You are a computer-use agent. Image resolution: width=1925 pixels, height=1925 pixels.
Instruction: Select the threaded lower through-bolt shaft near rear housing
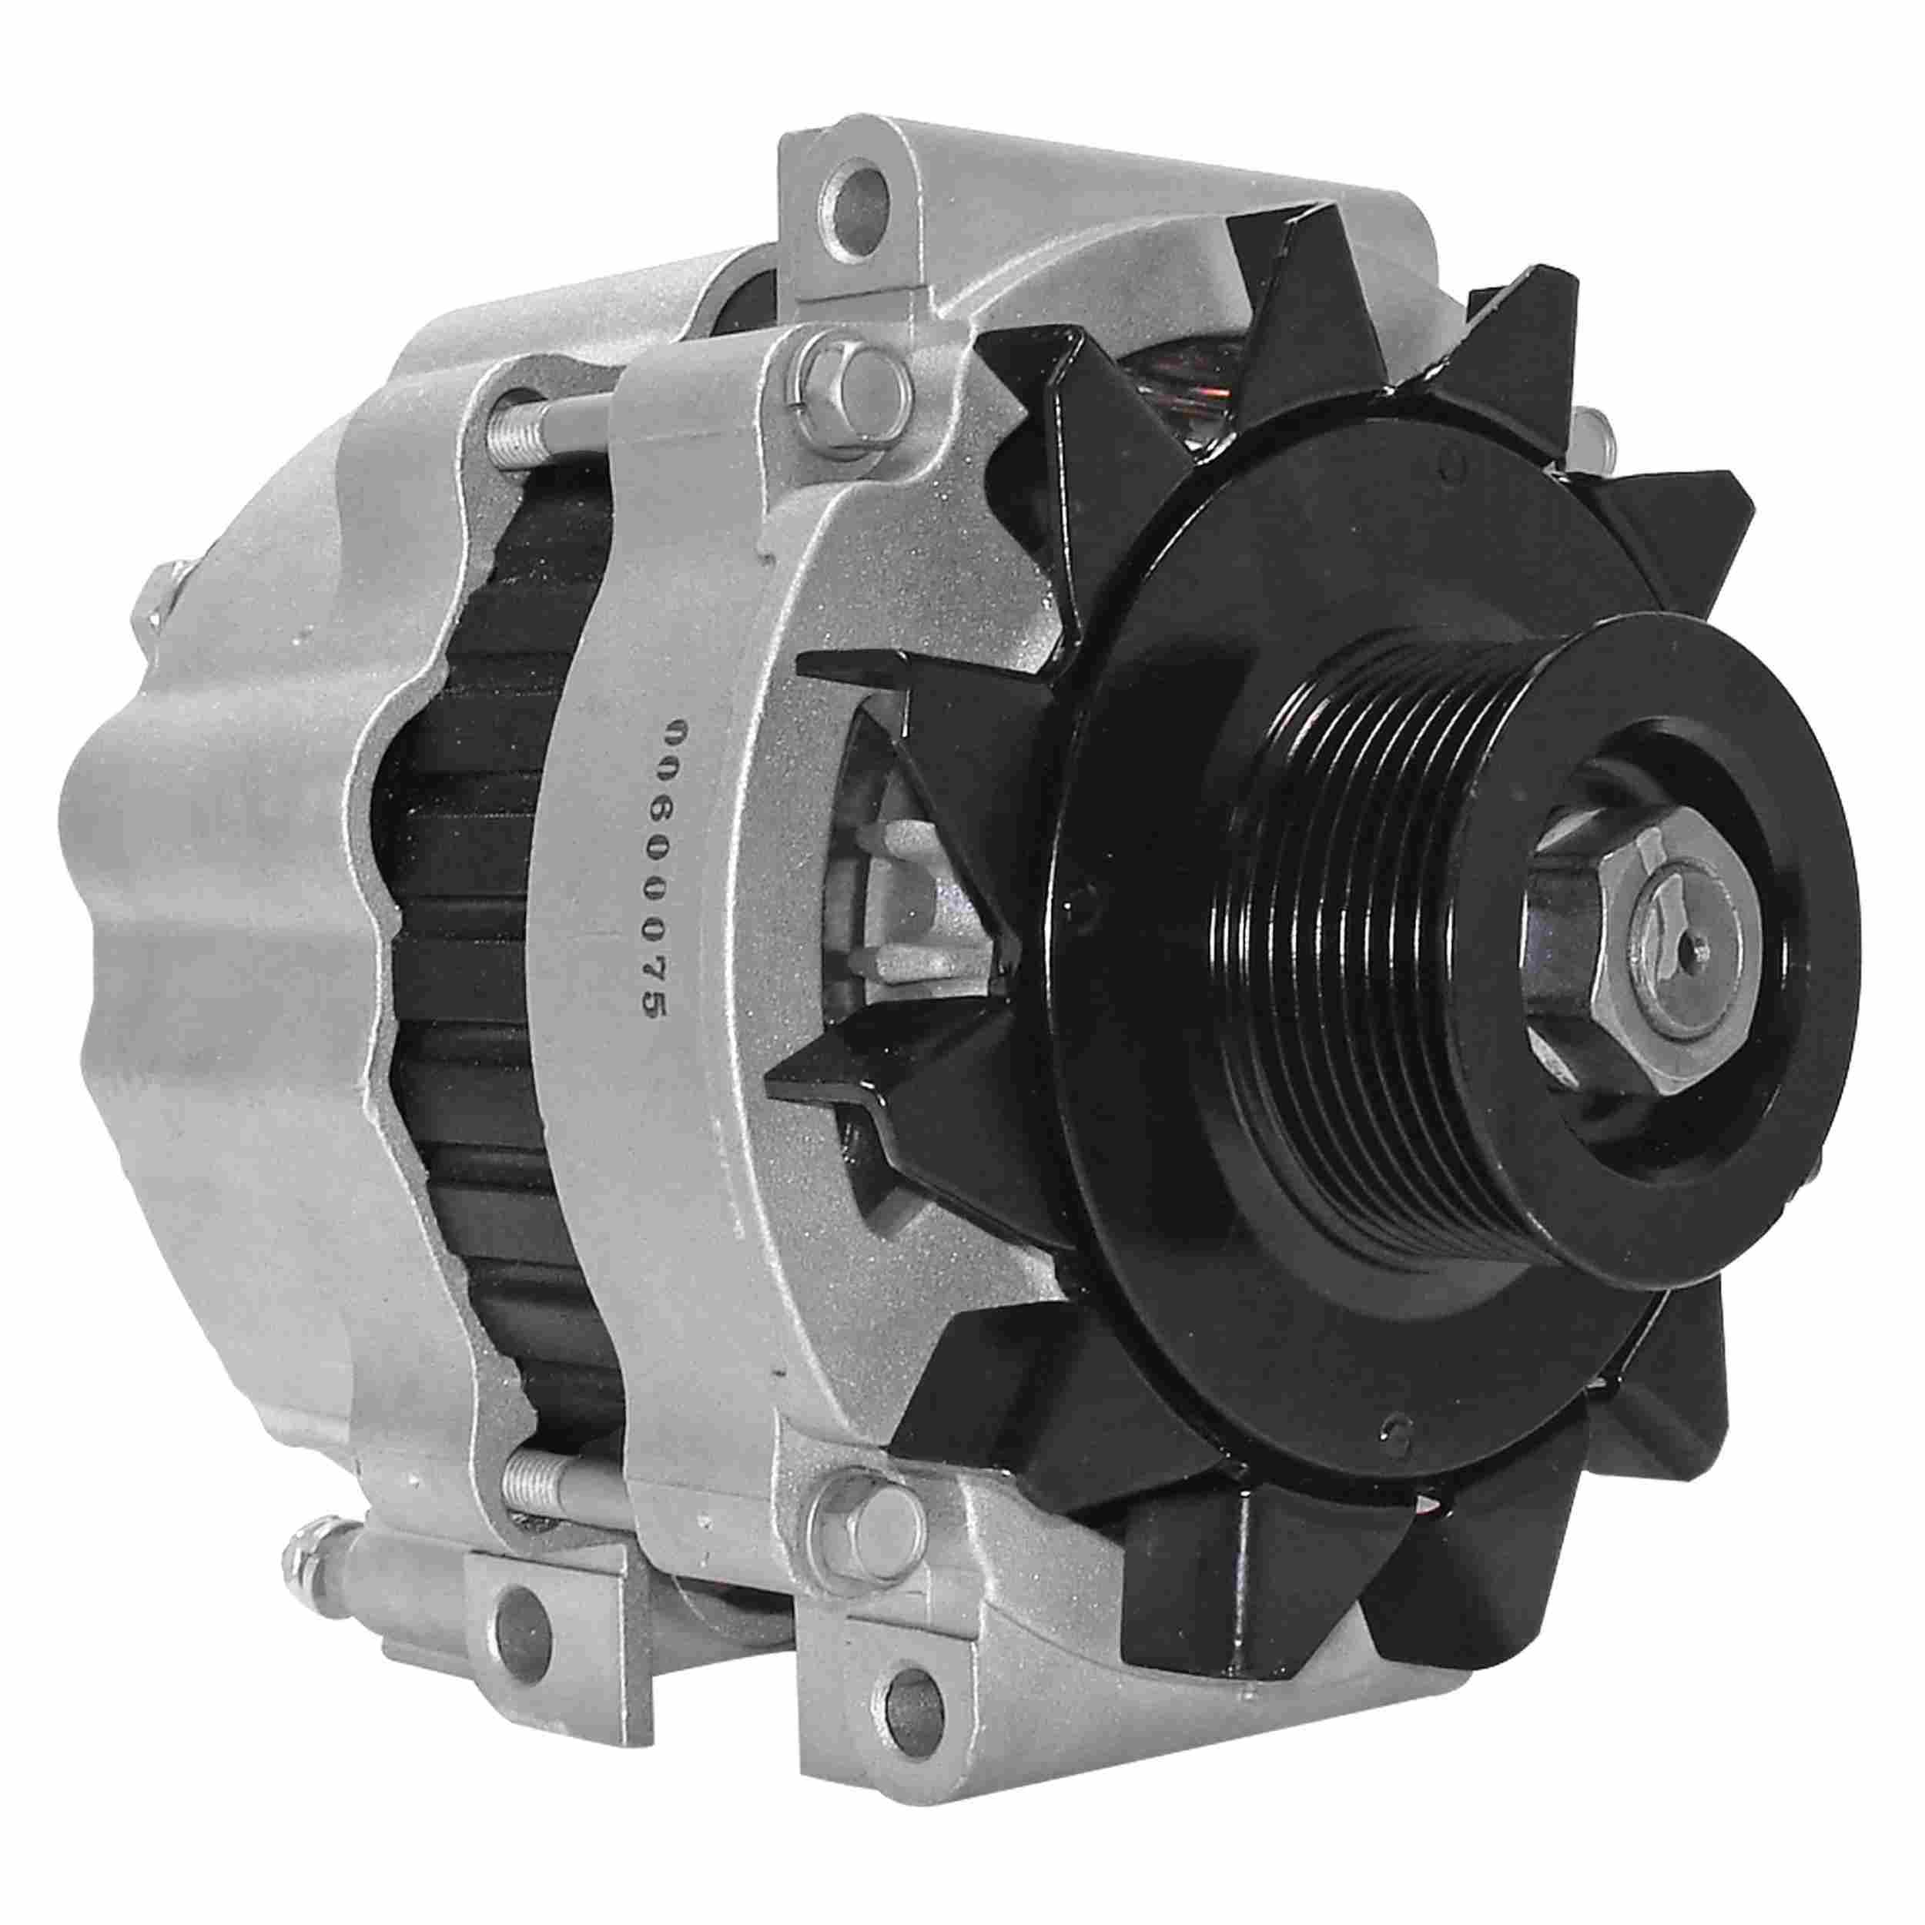click(x=538, y=1491)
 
